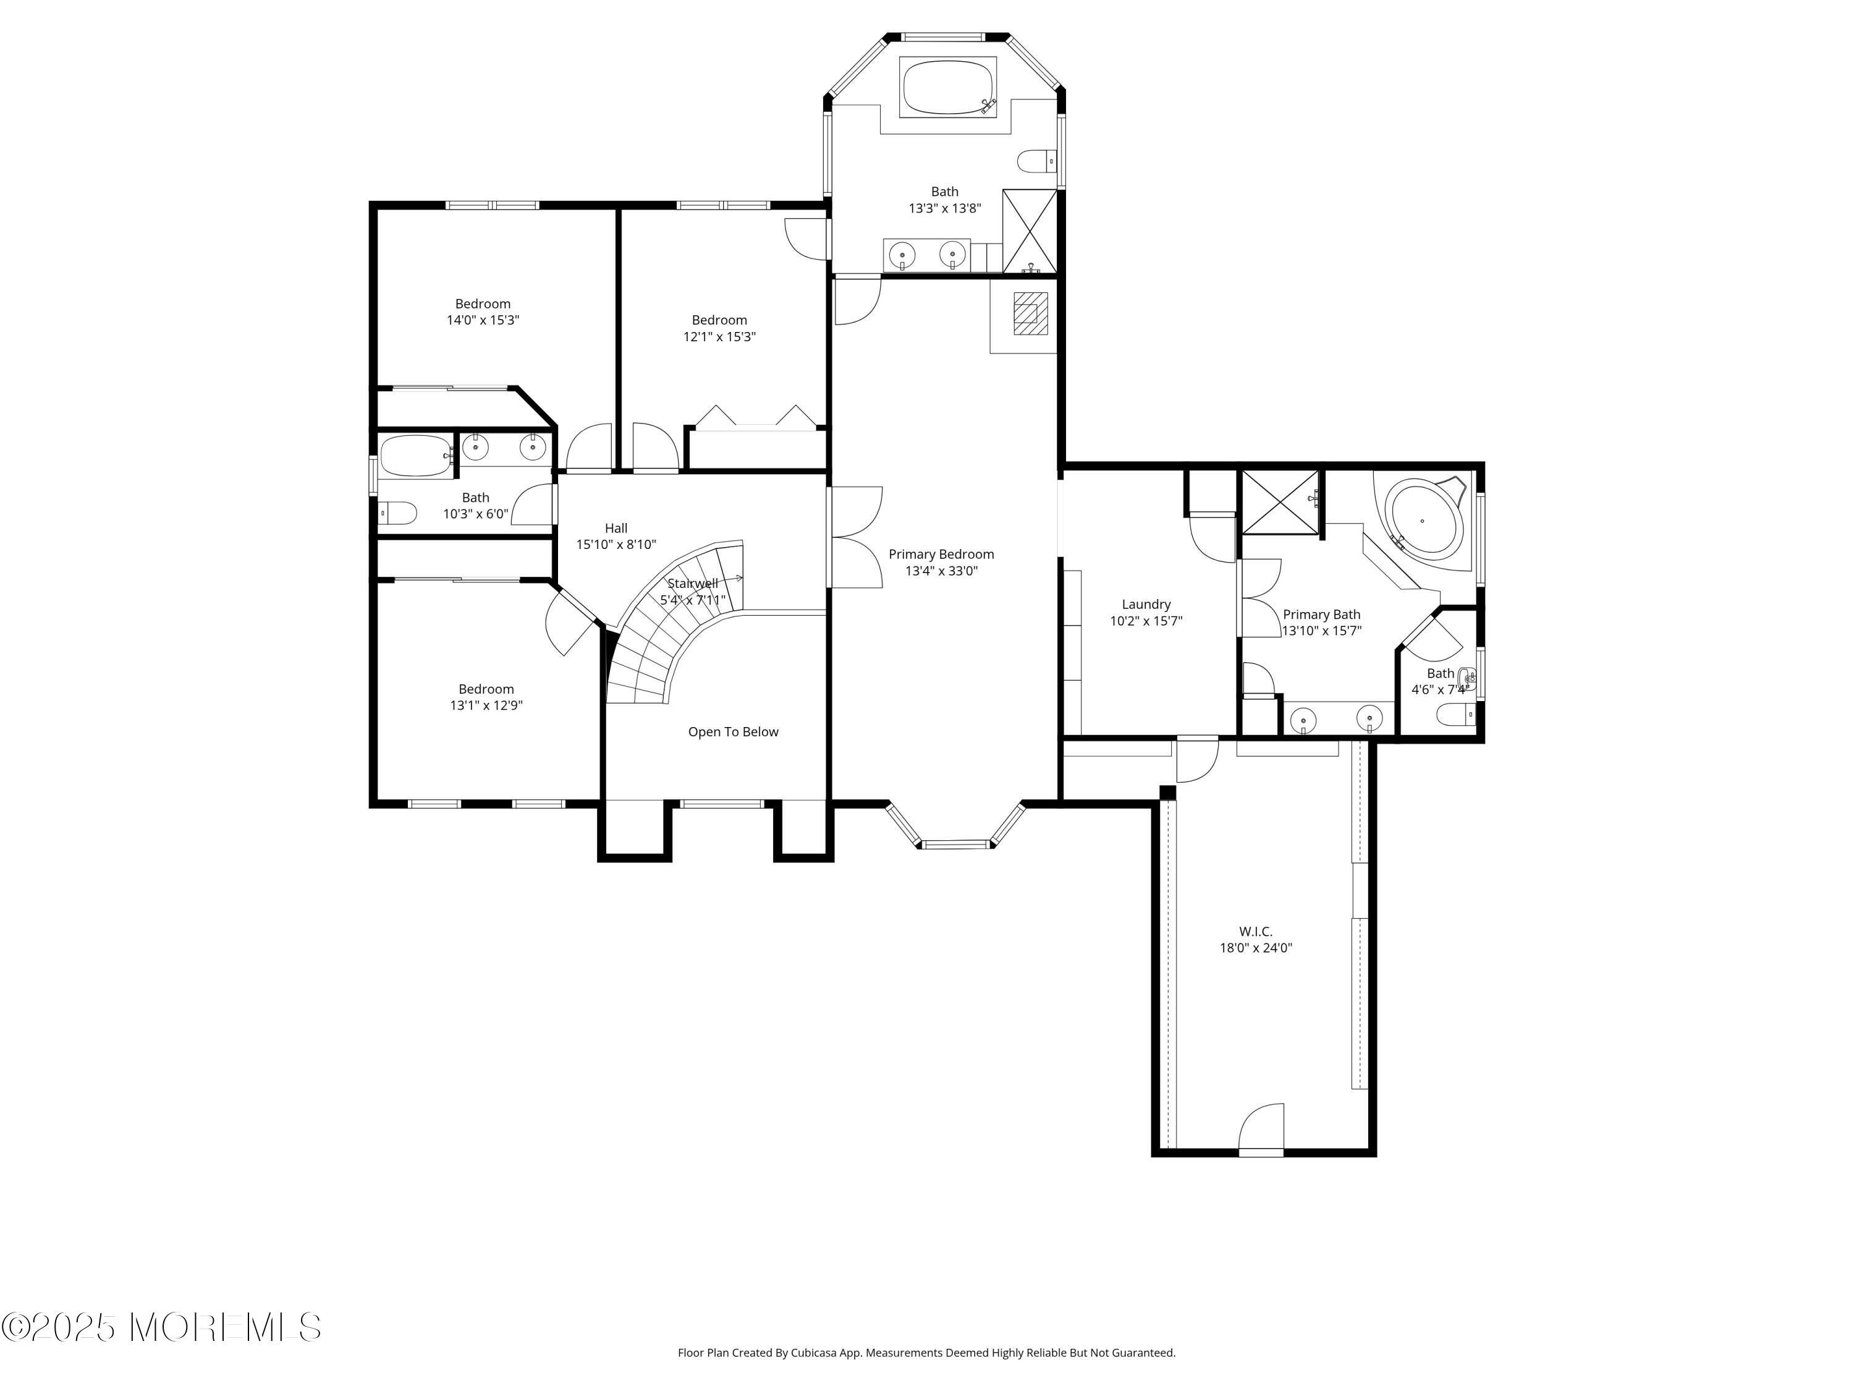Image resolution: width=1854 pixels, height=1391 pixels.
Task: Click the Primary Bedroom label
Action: point(941,554)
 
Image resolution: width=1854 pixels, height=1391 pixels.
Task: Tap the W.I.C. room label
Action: point(1256,932)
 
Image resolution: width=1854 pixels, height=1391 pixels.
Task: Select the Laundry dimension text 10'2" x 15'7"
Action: point(1146,621)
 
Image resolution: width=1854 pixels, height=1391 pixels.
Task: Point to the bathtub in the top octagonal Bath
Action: point(948,87)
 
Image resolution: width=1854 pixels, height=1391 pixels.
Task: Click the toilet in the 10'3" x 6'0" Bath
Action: point(398,513)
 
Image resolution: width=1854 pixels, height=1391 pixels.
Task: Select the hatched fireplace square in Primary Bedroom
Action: point(1031,313)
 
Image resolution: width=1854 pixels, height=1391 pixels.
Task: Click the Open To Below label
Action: point(732,732)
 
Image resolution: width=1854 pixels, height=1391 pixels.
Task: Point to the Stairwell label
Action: point(692,584)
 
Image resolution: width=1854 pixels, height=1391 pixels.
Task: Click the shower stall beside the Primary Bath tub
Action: point(1280,501)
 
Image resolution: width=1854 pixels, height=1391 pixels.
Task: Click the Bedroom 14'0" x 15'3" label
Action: point(483,304)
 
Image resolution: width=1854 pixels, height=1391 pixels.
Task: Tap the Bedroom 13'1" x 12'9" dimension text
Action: point(486,706)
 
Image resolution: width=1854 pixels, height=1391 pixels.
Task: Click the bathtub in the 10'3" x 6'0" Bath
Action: point(416,456)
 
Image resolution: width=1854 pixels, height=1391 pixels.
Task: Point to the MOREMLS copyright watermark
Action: point(161,1327)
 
